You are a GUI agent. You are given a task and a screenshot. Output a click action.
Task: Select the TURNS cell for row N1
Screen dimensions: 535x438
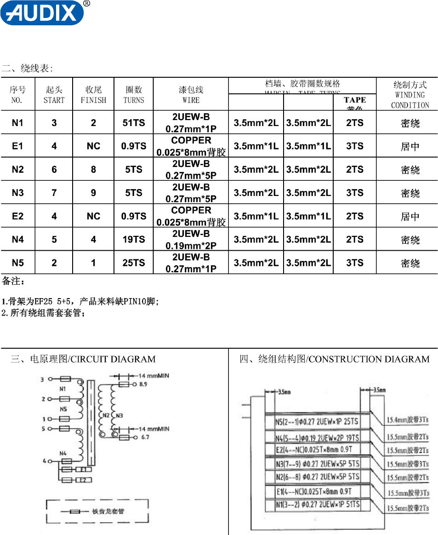(x=134, y=123)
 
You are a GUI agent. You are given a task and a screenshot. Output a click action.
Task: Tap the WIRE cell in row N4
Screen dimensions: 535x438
(x=191, y=239)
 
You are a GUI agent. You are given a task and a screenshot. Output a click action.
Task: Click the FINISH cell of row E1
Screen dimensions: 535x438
(x=93, y=146)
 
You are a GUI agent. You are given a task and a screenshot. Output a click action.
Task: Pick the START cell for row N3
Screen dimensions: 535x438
(x=54, y=193)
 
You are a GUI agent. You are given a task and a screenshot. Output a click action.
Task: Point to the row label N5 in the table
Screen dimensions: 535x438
(x=17, y=263)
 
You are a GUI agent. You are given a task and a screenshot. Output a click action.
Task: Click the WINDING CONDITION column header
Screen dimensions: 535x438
(x=410, y=95)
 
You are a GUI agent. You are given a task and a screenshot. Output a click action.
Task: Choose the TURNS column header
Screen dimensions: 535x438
(x=134, y=95)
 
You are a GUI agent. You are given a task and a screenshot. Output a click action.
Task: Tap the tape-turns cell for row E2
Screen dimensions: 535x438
(x=354, y=216)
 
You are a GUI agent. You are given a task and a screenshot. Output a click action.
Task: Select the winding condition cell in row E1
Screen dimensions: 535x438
(x=410, y=147)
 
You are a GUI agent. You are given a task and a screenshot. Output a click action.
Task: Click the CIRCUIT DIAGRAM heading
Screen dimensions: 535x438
(x=83, y=359)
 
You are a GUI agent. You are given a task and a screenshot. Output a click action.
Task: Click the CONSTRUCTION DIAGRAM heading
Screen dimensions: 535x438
(x=334, y=359)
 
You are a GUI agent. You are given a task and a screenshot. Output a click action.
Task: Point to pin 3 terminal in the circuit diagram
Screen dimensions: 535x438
(x=43, y=380)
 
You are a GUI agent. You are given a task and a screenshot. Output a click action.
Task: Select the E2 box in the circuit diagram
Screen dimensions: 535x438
(x=82, y=480)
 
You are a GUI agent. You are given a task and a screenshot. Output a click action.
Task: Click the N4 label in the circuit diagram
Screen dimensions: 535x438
(x=63, y=454)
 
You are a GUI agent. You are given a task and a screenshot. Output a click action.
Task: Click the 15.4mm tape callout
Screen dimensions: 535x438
(x=407, y=420)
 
